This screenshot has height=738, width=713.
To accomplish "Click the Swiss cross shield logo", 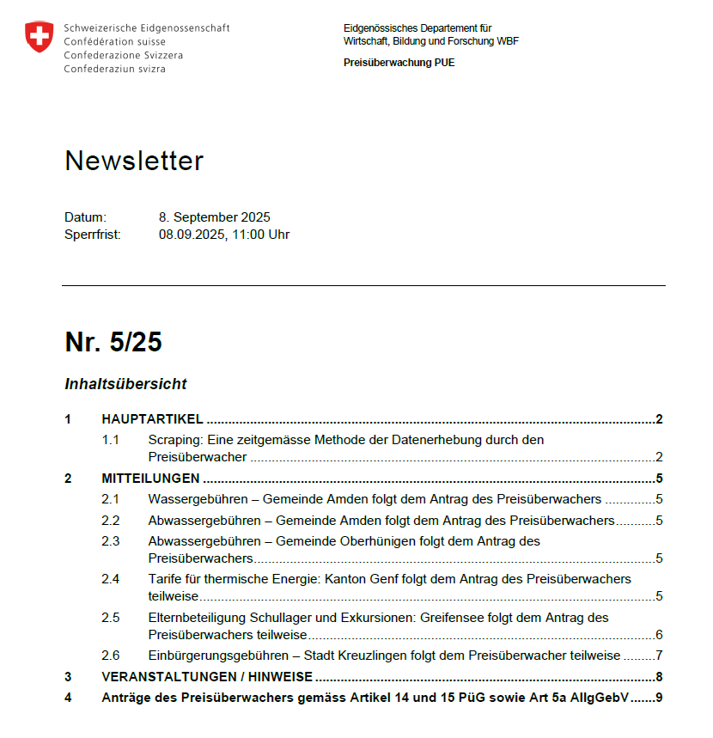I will [39, 38].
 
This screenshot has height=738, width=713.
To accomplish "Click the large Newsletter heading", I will [134, 161].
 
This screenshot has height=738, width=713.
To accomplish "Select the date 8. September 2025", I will [214, 217].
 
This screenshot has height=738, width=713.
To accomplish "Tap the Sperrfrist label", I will [92, 234].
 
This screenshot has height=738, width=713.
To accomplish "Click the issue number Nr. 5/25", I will [113, 342].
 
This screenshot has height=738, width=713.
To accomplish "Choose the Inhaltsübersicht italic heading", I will [125, 384].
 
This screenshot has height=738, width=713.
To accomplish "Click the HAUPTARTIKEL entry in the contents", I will [152, 419].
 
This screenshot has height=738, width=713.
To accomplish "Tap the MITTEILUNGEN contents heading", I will [150, 479].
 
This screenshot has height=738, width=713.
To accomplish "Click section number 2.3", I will [110, 541].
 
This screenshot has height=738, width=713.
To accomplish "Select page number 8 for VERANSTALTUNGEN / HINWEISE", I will [659, 677].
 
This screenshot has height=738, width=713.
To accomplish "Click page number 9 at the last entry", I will [659, 698].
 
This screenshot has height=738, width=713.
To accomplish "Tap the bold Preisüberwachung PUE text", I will [399, 63].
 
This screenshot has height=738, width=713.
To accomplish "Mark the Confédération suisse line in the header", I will [115, 41].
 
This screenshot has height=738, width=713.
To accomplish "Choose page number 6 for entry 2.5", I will [659, 635].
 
